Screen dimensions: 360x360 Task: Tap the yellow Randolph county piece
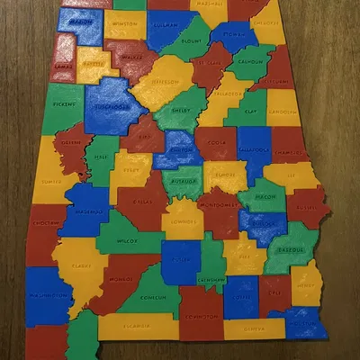(282, 112)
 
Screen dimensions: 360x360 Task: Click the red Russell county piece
(307, 206)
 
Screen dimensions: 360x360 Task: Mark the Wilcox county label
(128, 240)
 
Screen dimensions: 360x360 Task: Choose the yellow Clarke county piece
(84, 265)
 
